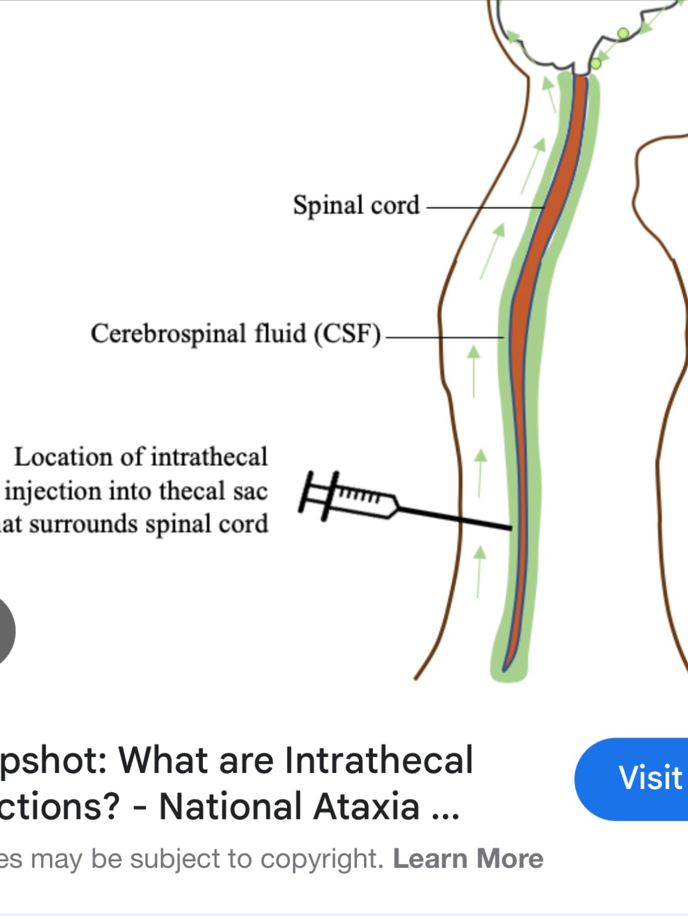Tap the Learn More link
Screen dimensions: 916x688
click(x=468, y=859)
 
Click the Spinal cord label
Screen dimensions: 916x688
click(x=356, y=206)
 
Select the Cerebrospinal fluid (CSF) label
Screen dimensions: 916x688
click(x=235, y=334)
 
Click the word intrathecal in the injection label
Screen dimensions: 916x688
click(x=209, y=457)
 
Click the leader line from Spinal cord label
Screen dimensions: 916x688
click(x=485, y=207)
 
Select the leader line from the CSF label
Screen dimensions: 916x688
click(x=444, y=337)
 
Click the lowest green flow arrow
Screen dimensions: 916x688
click(x=480, y=571)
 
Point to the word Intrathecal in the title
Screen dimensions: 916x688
click(x=379, y=760)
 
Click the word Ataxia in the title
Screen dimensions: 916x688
click(x=366, y=807)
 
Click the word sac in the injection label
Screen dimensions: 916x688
click(x=251, y=491)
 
